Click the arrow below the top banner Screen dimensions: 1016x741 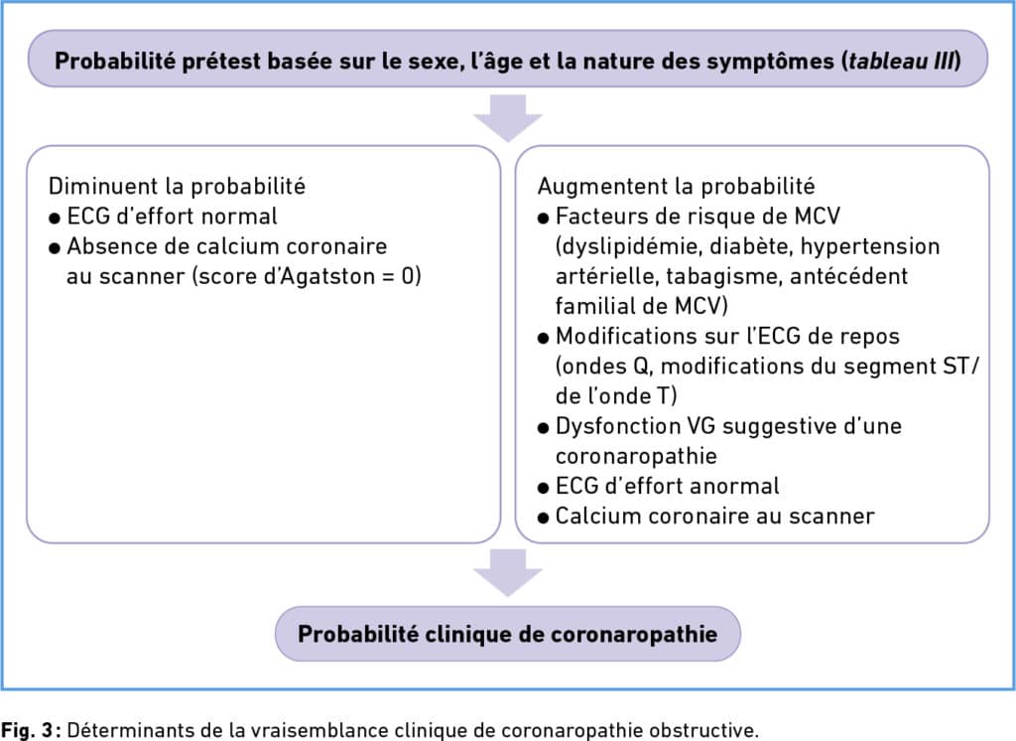tap(508, 118)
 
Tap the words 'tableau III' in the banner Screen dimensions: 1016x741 tap(901, 61)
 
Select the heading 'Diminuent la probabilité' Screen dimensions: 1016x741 tap(177, 186)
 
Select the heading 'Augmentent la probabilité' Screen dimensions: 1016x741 tap(676, 186)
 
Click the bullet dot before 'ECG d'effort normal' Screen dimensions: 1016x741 tap(55, 219)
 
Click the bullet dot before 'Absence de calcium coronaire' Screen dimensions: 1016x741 tap(55, 248)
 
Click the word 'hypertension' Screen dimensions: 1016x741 tap(870, 246)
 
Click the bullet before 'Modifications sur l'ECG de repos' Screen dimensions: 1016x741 tap(543, 339)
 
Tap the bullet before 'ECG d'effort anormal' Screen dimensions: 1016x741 tap(543, 489)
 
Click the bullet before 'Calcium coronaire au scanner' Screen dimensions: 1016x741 tap(543, 519)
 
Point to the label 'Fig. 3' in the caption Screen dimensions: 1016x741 tap(29, 729)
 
